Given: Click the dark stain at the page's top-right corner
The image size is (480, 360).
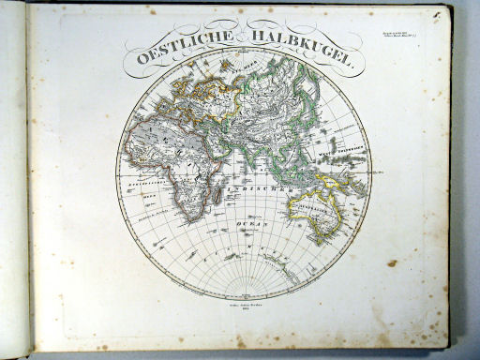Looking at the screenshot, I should pyautogui.click(x=442, y=12).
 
